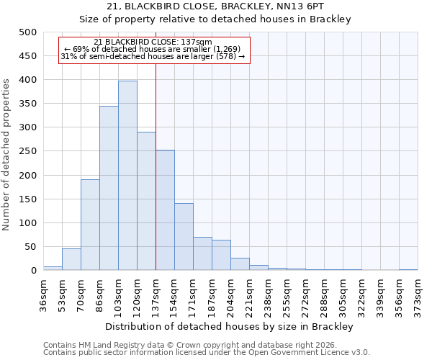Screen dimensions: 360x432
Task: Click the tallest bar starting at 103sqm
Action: pos(127,176)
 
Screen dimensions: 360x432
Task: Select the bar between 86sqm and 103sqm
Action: pos(109,188)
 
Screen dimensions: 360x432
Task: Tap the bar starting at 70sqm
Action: pos(90,225)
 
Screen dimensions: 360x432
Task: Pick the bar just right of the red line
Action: pos(165,210)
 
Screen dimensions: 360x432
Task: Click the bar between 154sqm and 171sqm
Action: pos(184,237)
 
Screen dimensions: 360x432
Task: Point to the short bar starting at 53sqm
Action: pos(71,259)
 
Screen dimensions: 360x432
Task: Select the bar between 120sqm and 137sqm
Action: pos(146,201)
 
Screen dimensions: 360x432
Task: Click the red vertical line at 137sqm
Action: pos(156,166)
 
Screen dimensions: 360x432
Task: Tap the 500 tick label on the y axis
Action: pos(29,32)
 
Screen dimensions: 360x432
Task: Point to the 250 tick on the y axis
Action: pos(29,152)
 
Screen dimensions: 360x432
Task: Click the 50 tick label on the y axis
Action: pos(32,247)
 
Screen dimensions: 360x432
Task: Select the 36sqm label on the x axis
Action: pos(43,292)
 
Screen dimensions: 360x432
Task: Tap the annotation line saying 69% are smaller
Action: pos(153,49)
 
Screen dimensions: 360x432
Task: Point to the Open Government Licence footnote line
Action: pos(206,352)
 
